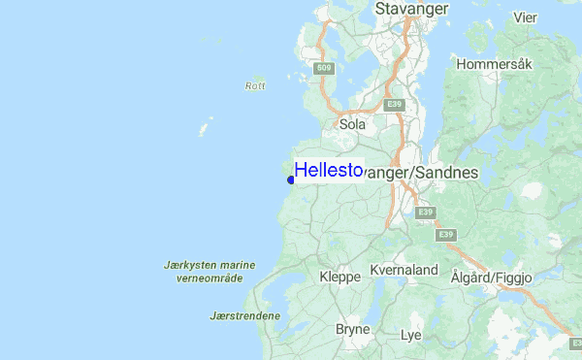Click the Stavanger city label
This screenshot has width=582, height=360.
[411, 9]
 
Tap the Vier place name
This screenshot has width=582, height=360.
[525, 17]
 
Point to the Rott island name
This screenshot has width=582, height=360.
[255, 86]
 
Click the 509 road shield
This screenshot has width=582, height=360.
[325, 67]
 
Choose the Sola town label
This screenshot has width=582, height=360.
[351, 124]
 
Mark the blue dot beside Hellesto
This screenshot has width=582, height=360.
[291, 180]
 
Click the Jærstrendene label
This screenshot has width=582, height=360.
[244, 315]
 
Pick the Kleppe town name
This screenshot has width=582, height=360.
[339, 277]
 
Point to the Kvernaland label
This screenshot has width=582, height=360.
[404, 270]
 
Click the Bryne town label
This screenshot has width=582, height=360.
[352, 330]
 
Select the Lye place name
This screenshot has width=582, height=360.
[411, 335]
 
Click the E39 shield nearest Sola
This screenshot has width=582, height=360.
[393, 104]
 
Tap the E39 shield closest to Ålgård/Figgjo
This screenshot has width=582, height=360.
[446, 235]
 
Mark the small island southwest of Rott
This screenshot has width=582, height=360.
[206, 127]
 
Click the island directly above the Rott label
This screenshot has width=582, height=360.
[257, 76]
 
